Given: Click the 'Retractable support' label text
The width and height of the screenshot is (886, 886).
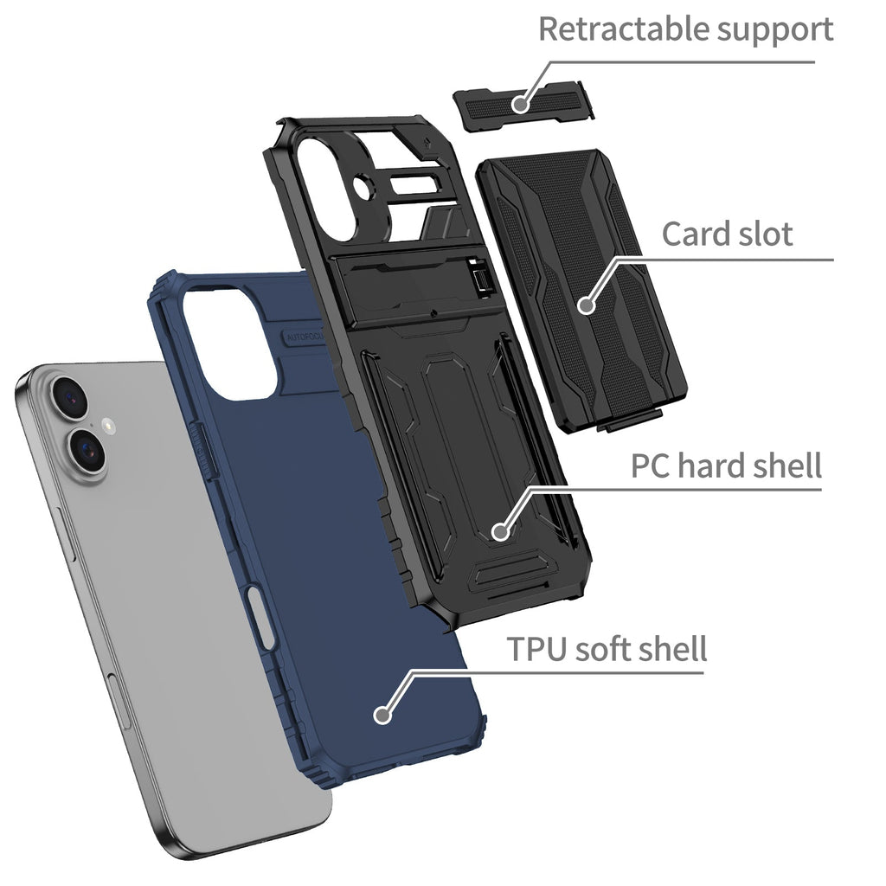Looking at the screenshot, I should (x=685, y=29).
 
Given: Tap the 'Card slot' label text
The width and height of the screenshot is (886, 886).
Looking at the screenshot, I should (x=727, y=234).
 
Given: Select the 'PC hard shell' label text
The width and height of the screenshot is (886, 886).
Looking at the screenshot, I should (x=725, y=466).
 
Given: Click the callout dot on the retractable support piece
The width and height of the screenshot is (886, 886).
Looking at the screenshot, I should (x=519, y=105).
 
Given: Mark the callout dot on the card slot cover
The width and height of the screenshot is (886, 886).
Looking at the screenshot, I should (x=587, y=305).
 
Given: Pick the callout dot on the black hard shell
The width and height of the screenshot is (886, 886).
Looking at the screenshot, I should (x=499, y=530).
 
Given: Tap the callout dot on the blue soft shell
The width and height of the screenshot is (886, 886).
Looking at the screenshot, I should (x=382, y=715).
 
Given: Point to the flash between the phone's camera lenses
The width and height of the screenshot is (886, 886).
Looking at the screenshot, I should (x=106, y=425).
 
